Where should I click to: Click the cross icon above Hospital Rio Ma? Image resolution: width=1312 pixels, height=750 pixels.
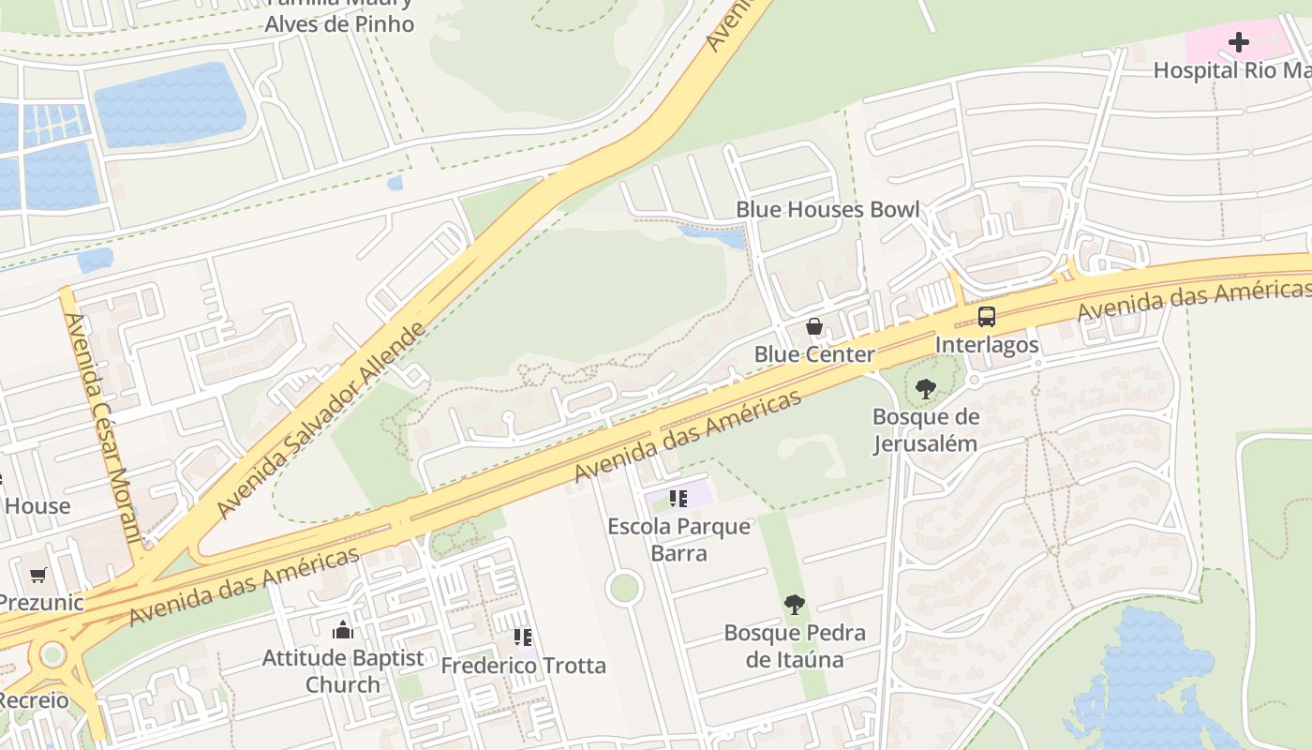tap(1239, 42)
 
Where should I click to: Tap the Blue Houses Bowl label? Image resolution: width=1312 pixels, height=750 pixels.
tap(827, 209)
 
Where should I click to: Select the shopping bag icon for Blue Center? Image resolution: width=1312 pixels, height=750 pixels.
tap(814, 327)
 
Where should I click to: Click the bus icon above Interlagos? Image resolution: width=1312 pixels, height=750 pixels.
tap(987, 317)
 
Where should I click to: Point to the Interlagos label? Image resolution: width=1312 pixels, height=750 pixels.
tap(987, 345)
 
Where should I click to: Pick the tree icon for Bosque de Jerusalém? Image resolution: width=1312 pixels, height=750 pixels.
tap(926, 388)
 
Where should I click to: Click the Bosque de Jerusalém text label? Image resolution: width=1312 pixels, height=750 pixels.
tap(926, 430)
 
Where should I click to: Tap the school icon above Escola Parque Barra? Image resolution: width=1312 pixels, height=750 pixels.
tap(678, 498)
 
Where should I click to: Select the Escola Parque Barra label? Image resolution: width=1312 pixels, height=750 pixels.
tap(678, 539)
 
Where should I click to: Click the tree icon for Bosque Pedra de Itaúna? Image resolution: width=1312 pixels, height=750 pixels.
tap(795, 605)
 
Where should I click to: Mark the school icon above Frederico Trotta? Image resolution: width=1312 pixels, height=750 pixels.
tap(523, 637)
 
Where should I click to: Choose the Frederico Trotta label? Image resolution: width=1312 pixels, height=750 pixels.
tap(523, 666)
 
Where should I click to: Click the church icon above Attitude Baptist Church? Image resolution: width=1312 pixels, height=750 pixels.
tap(343, 630)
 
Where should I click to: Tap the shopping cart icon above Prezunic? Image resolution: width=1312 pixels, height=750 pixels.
tap(37, 575)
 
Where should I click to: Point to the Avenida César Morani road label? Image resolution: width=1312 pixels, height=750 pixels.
tap(103, 427)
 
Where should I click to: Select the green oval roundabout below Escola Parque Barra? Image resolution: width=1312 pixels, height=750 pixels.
tap(623, 588)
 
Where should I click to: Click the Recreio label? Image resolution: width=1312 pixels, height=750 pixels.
tap(33, 700)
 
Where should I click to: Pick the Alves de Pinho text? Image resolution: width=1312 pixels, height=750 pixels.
tap(339, 24)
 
